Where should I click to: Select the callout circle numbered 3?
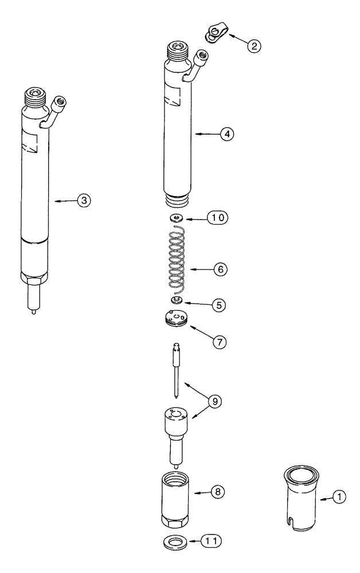(84, 201)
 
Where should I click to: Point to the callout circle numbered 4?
(227, 134)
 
